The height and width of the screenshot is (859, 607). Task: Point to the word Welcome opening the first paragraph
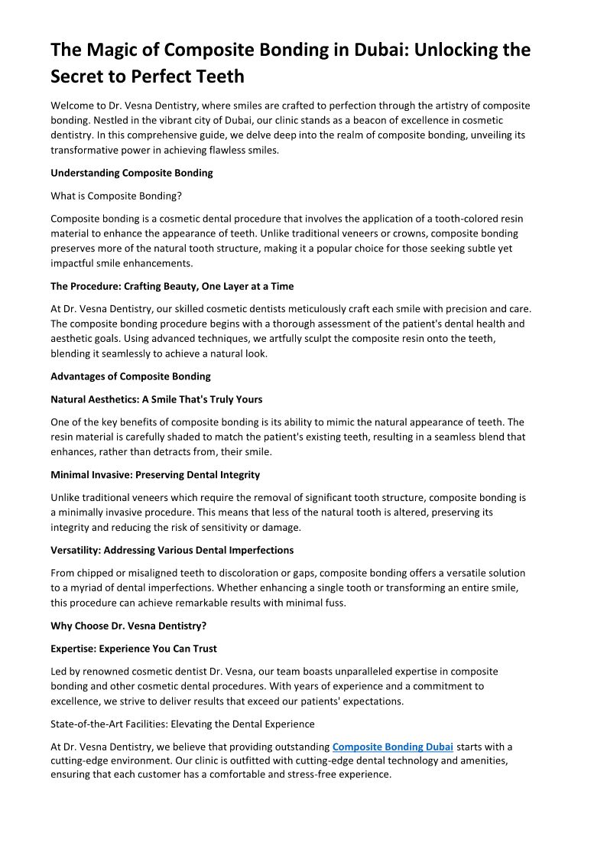pyautogui.click(x=73, y=106)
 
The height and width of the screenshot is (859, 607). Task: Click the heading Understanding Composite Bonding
pyautogui.click(x=131, y=173)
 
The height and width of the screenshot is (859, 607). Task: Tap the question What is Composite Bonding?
pyautogui.click(x=115, y=196)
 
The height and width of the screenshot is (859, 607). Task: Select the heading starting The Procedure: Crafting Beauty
pyautogui.click(x=172, y=286)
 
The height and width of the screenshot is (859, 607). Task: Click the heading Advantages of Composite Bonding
pyautogui.click(x=131, y=376)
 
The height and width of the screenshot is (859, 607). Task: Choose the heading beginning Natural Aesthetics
pyautogui.click(x=156, y=399)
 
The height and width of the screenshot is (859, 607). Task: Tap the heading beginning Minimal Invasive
pyautogui.click(x=155, y=475)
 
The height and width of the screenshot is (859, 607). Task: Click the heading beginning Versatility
pyautogui.click(x=172, y=550)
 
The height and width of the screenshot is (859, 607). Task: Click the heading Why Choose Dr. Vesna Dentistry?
pyautogui.click(x=128, y=626)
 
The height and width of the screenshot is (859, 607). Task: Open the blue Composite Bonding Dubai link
pyautogui.click(x=393, y=747)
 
